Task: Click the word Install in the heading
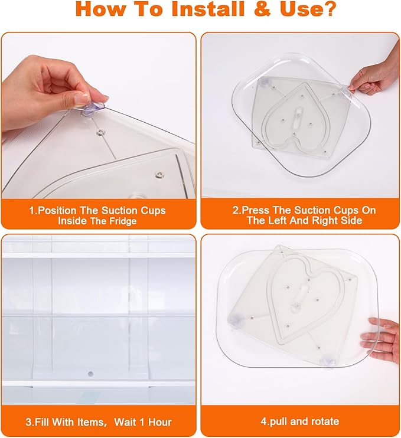tap(208, 9)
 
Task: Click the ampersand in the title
tap(263, 9)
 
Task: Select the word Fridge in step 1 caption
tap(123, 221)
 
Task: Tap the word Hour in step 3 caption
tap(160, 422)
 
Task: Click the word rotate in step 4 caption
tap(324, 421)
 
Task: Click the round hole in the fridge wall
tap(90, 374)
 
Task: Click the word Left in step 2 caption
tap(277, 220)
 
